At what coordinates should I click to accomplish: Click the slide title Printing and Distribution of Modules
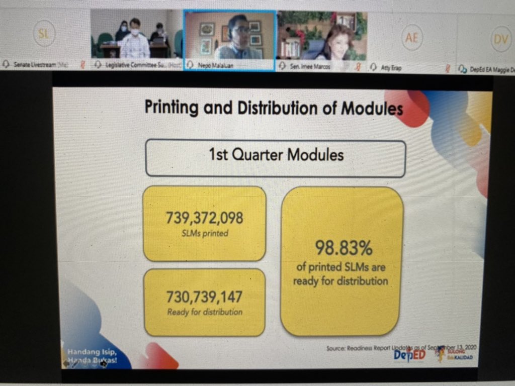pyautogui.click(x=274, y=108)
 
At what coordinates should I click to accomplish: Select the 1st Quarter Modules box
pyautogui.click(x=276, y=154)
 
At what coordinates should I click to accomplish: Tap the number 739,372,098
pyautogui.click(x=204, y=218)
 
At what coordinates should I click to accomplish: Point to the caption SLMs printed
pyautogui.click(x=204, y=233)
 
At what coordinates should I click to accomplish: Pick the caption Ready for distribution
pyautogui.click(x=204, y=312)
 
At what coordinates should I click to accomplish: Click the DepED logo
pyautogui.click(x=409, y=354)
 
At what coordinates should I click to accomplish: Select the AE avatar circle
pyautogui.click(x=411, y=38)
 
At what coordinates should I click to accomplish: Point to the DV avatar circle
pyautogui.click(x=500, y=39)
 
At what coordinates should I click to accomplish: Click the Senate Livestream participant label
pyautogui.click(x=34, y=65)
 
